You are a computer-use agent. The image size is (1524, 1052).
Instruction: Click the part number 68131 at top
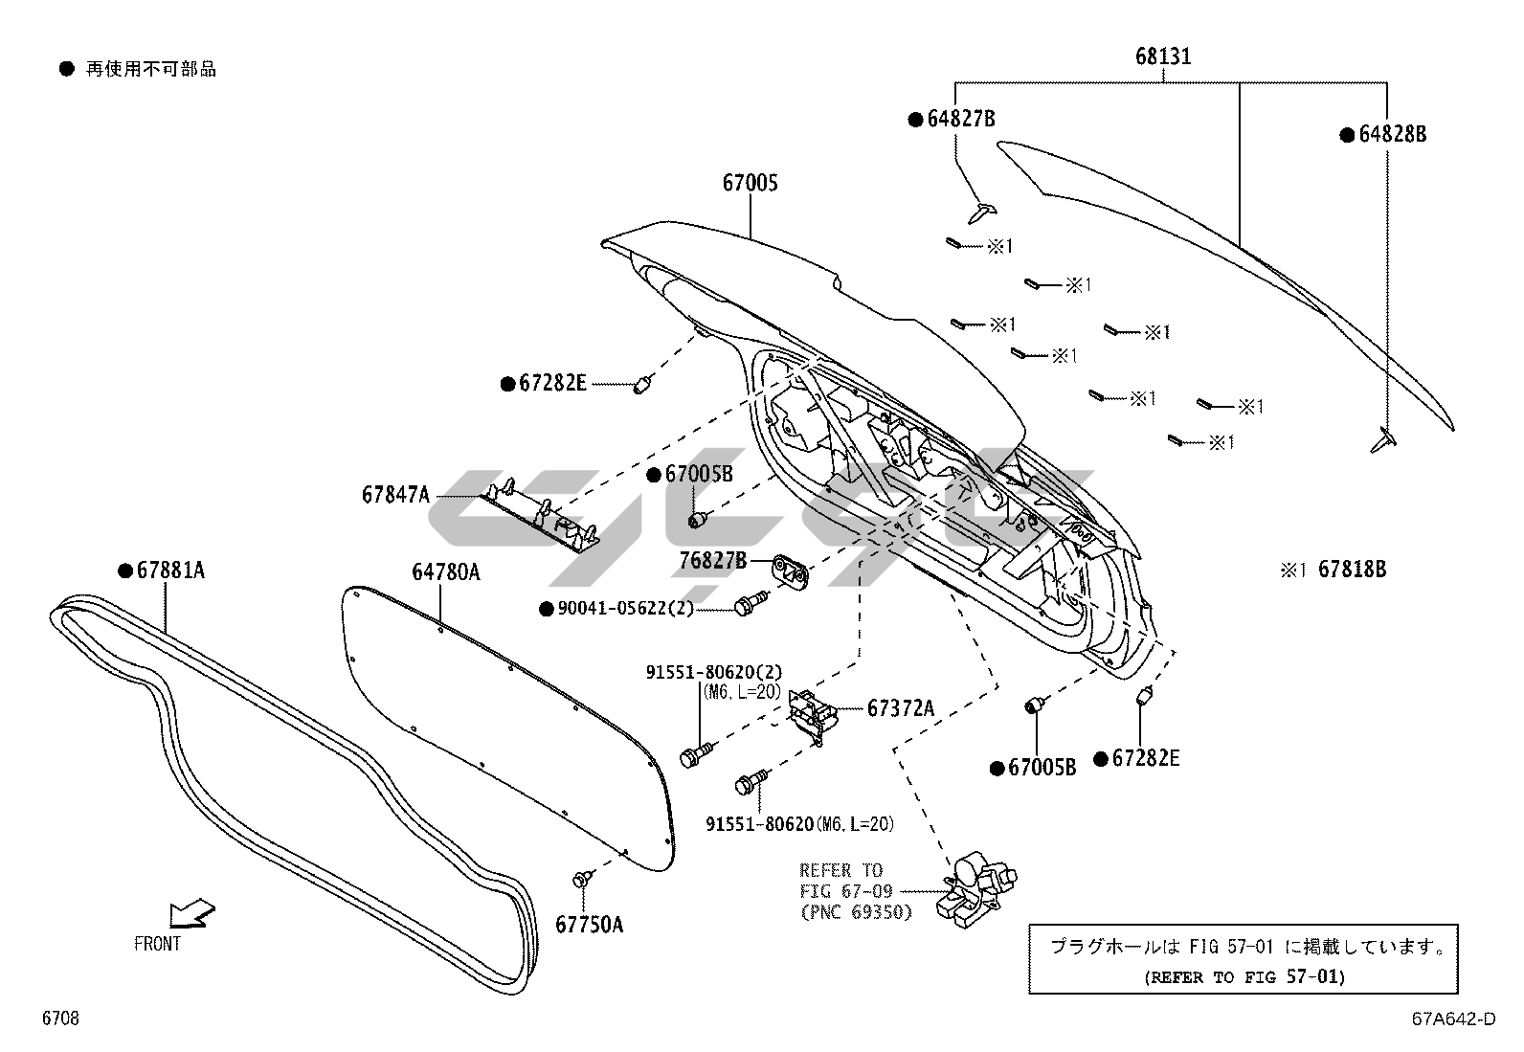click(1163, 56)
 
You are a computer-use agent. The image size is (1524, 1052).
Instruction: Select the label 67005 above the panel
click(750, 183)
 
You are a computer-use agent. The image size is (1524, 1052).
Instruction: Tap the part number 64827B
click(961, 119)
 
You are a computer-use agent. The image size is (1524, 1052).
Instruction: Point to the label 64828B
click(1392, 135)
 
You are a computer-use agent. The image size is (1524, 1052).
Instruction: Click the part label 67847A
click(396, 495)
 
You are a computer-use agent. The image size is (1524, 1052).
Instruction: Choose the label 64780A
click(446, 572)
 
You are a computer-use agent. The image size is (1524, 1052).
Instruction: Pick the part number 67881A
click(170, 571)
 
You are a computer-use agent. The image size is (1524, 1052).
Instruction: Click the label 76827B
click(713, 561)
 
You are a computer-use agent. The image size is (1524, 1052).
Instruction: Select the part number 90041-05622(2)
click(625, 609)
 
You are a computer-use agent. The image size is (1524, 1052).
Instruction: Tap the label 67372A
click(901, 708)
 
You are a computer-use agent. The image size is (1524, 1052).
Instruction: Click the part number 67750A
click(589, 925)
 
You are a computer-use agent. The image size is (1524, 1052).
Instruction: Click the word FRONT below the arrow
click(157, 944)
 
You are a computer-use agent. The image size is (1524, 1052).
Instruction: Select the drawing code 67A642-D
click(1454, 1018)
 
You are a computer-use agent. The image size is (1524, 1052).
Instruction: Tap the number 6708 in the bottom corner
click(60, 1018)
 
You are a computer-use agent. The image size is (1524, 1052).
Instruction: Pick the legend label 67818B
click(1352, 569)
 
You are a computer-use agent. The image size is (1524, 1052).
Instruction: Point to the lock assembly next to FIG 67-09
click(975, 889)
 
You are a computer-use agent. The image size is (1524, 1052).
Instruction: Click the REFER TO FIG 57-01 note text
click(1244, 977)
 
